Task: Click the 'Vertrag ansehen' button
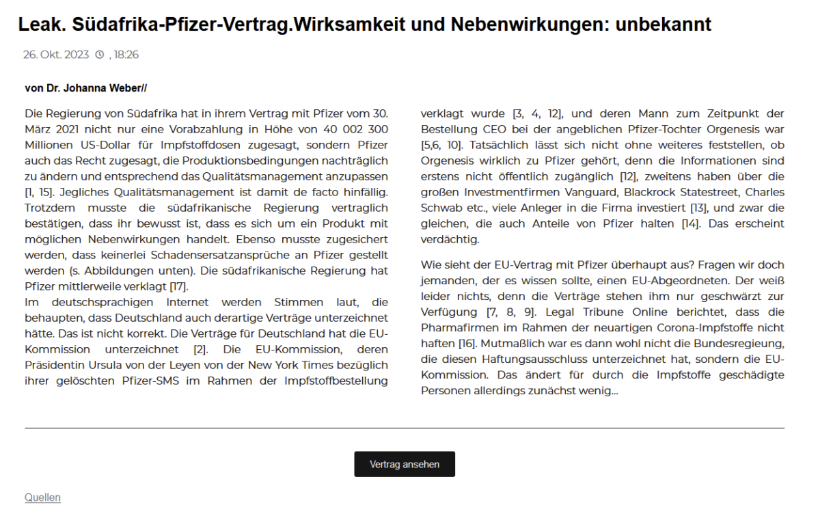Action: [404, 464]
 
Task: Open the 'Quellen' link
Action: [42, 497]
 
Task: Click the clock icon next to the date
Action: [99, 55]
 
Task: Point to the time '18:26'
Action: [127, 55]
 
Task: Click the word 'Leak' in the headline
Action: [40, 25]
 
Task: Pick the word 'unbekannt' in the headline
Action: [664, 25]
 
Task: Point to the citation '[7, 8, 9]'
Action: [504, 312]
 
